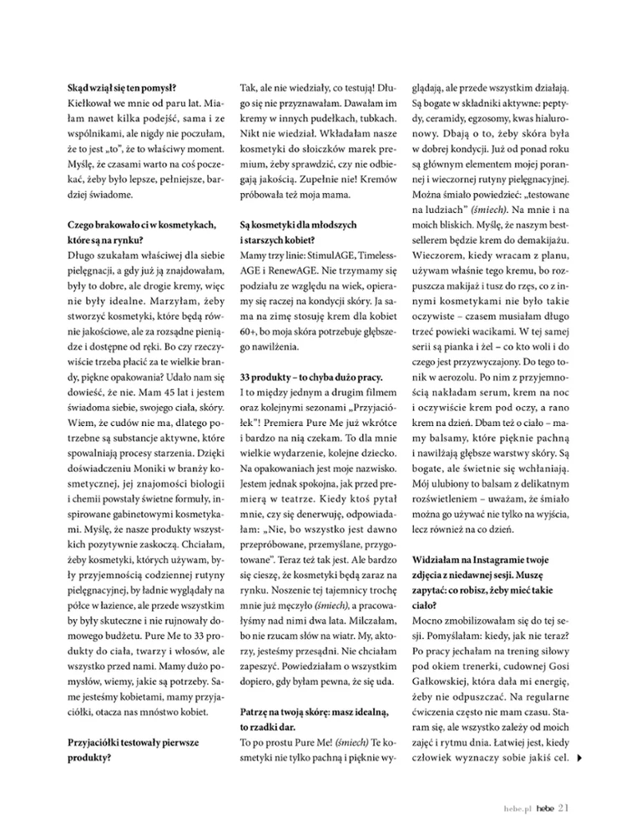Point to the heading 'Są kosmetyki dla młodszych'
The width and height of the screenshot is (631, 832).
299,226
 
